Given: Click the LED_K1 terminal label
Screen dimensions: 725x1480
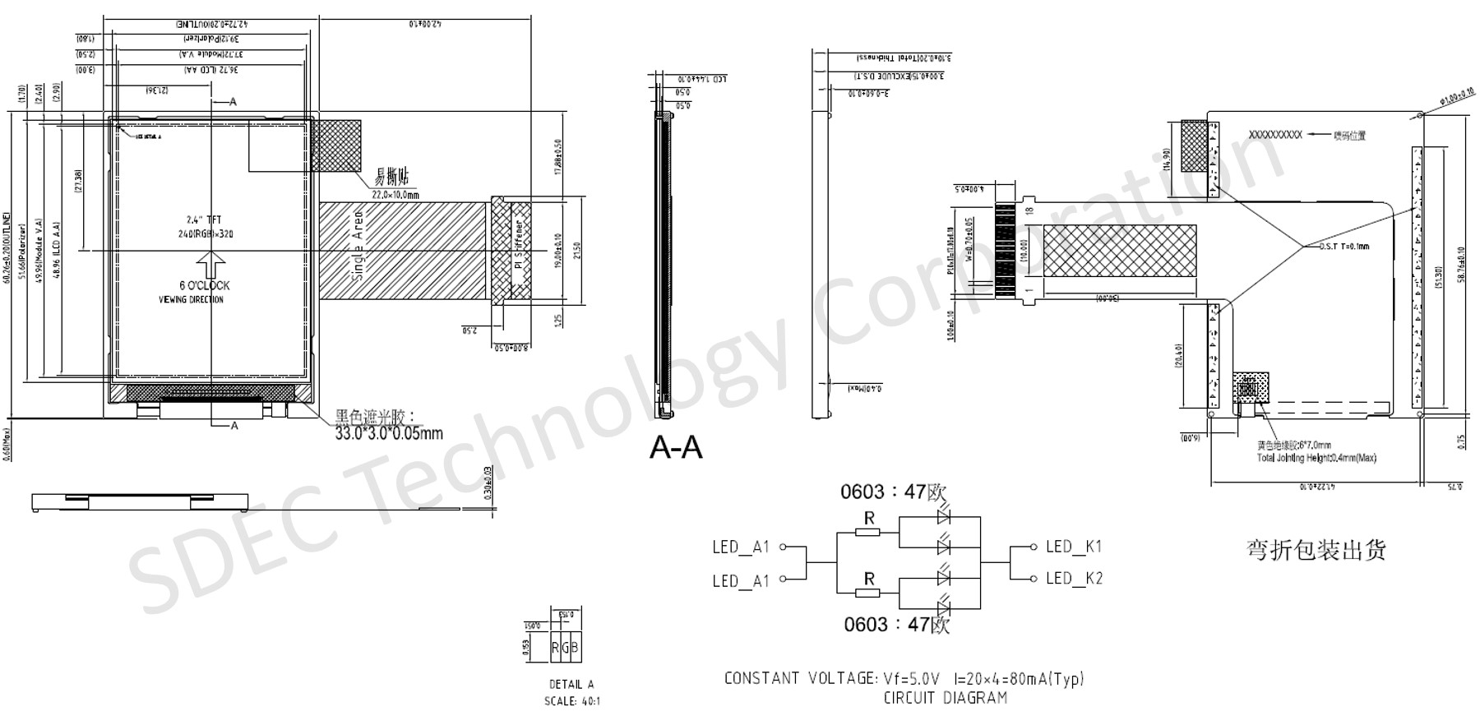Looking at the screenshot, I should pyautogui.click(x=1073, y=547).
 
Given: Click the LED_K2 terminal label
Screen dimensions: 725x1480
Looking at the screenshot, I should pyautogui.click(x=1073, y=579).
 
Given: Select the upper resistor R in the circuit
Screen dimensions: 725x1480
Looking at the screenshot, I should pyautogui.click(x=868, y=532).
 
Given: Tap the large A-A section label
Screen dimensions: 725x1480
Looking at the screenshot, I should pyautogui.click(x=676, y=448).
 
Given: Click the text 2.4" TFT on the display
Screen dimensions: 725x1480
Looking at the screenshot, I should pyautogui.click(x=205, y=219).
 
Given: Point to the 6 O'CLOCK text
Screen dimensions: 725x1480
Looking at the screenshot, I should pyautogui.click(x=205, y=285).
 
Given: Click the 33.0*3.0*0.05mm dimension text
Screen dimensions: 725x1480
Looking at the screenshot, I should pyautogui.click(x=388, y=433).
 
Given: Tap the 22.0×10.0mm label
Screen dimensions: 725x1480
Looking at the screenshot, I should pyautogui.click(x=395, y=195).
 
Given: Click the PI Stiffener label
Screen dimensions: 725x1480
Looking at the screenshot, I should pyautogui.click(x=519, y=245).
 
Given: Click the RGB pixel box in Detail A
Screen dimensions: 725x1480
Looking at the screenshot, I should pyautogui.click(x=565, y=648).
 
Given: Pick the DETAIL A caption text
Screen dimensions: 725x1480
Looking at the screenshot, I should pyautogui.click(x=571, y=684).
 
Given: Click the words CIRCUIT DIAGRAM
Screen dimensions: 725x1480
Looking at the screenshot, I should pyautogui.click(x=945, y=698).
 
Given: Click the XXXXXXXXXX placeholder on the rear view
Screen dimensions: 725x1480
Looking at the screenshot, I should pyautogui.click(x=1275, y=135).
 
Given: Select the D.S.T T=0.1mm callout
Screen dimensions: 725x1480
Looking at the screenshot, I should pyautogui.click(x=1344, y=247).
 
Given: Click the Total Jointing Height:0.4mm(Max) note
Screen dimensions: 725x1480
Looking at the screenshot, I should pyautogui.click(x=1316, y=458).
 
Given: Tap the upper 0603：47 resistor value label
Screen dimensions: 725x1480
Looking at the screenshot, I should pyautogui.click(x=893, y=492).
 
